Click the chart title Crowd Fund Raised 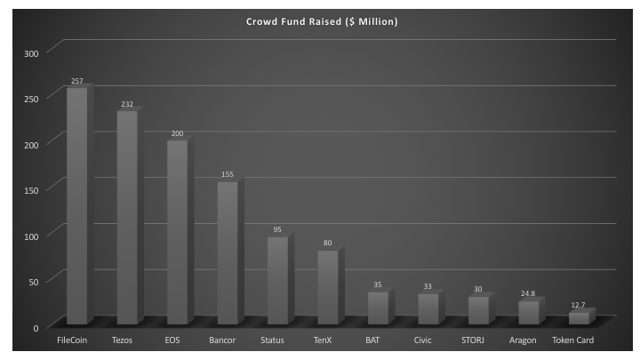click(321, 20)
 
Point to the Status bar click(277, 279)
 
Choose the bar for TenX click(328, 286)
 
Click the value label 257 click(77, 82)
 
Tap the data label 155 click(228, 175)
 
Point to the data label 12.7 click(580, 305)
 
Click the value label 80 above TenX click(328, 243)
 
